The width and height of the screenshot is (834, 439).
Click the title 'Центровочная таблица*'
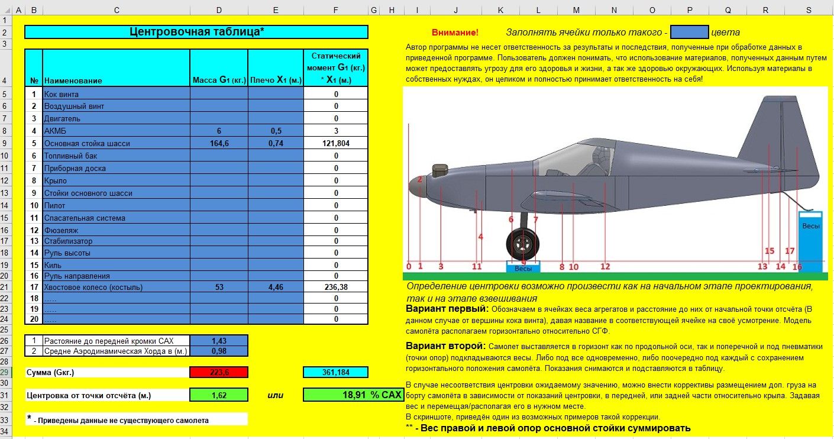tap(196, 32)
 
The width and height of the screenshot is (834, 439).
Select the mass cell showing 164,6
tap(219, 143)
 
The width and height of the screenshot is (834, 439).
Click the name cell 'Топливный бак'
tap(117, 156)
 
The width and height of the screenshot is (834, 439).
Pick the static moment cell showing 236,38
tap(335, 287)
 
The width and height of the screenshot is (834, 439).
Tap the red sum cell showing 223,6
tap(219, 372)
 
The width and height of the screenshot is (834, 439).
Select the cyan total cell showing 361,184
tap(335, 372)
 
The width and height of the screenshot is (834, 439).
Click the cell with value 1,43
tap(219, 341)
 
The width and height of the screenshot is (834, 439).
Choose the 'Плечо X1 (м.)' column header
tap(276, 80)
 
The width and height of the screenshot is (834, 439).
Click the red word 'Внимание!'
tap(455, 33)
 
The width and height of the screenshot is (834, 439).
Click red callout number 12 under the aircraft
tap(605, 267)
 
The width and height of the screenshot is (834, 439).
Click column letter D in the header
tap(219, 10)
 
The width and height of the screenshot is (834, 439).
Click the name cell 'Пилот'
tap(117, 205)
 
